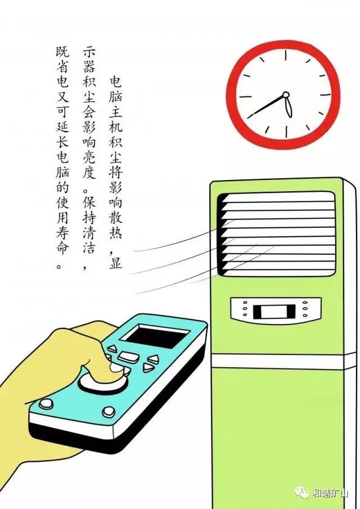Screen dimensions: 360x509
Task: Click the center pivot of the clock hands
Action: click(x=286, y=95)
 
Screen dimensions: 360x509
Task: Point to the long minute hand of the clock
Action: click(x=266, y=106)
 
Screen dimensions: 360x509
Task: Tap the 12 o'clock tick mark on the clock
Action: click(x=286, y=55)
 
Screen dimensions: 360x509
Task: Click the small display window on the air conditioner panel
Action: click(x=274, y=311)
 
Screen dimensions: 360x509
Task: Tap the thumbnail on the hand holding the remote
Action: click(x=115, y=367)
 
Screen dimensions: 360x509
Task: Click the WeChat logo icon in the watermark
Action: click(x=301, y=493)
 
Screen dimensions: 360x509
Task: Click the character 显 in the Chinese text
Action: click(x=115, y=262)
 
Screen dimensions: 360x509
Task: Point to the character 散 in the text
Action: click(x=115, y=216)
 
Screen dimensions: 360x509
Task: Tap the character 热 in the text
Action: click(x=115, y=232)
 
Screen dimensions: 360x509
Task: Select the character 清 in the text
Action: click(x=89, y=232)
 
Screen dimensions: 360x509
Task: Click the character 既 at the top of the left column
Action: click(x=62, y=51)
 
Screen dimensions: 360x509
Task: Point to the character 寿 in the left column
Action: click(x=62, y=232)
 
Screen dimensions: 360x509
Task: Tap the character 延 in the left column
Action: click(x=62, y=127)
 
